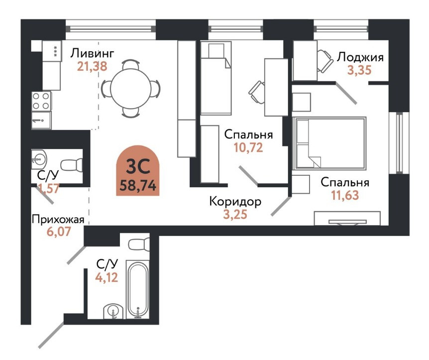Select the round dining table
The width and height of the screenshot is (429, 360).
(131, 89)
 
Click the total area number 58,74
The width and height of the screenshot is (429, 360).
(138, 186)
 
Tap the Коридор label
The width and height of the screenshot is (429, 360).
(235, 202)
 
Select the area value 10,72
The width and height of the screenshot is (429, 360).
(248, 147)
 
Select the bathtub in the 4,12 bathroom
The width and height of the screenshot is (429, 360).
(136, 289)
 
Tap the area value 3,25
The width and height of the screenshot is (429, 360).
(235, 215)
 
